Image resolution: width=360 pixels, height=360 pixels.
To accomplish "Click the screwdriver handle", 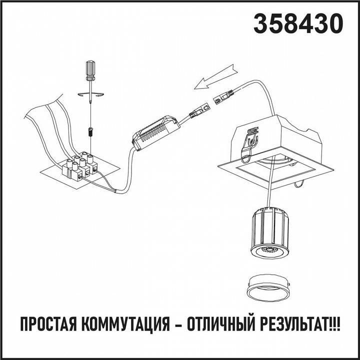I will click(x=90, y=70).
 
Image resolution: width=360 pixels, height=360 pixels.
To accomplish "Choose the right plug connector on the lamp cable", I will click(x=225, y=96).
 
